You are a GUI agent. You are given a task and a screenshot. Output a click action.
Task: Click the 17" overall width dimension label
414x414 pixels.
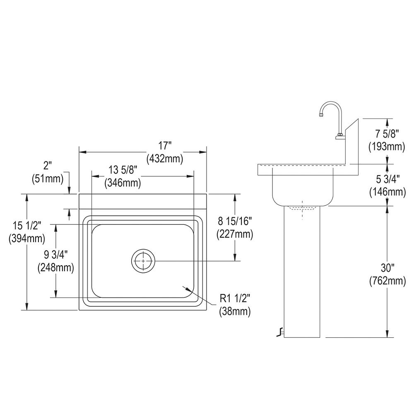[x=165, y=146]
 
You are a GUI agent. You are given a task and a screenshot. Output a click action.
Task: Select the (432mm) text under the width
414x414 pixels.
[x=165, y=158]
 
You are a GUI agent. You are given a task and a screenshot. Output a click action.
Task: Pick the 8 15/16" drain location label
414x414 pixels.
[x=235, y=222]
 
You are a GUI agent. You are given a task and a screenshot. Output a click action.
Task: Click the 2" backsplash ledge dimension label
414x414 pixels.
[x=48, y=166]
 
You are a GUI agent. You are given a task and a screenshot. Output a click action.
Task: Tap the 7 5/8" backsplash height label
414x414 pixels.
[x=387, y=134]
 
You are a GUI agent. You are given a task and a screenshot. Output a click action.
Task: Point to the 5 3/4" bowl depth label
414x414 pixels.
[x=387, y=180]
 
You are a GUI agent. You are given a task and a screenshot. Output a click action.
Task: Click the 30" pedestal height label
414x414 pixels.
[x=387, y=269]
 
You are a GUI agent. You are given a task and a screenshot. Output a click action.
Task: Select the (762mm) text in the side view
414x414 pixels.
[x=387, y=281]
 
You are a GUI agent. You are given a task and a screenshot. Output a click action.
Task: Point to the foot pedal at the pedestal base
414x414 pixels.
[x=281, y=332]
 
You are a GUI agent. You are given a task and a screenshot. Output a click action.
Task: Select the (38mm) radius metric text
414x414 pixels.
[x=235, y=311]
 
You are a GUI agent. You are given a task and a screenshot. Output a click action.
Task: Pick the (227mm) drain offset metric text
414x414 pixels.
[x=235, y=234]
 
